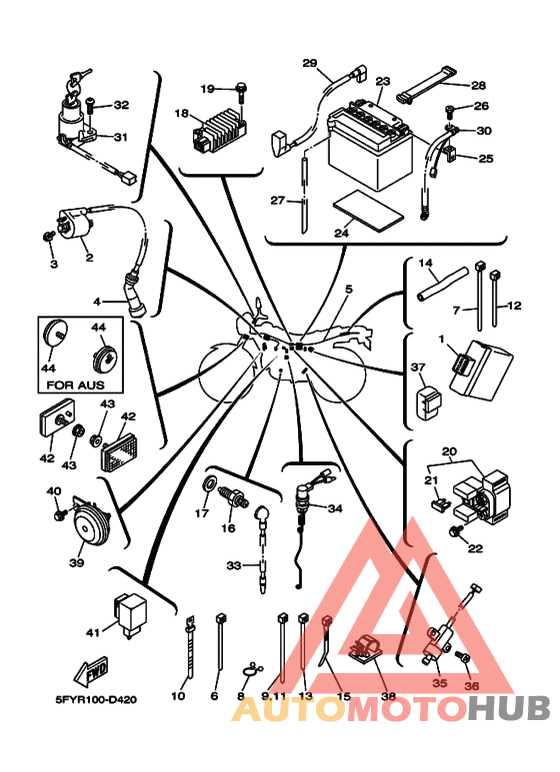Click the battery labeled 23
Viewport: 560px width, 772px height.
(x=370, y=144)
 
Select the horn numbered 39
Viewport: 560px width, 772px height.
(x=90, y=525)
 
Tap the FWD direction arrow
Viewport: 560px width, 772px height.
(x=91, y=672)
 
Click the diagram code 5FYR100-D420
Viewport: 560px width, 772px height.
(x=96, y=699)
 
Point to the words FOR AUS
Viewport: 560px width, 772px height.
(x=75, y=385)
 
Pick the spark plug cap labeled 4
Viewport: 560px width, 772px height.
(x=135, y=297)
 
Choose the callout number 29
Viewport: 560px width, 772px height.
(x=310, y=64)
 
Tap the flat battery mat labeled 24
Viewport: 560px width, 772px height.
(x=368, y=211)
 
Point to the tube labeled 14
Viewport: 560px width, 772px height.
(x=442, y=284)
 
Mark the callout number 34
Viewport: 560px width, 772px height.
(x=335, y=508)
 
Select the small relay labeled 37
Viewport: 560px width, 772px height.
(x=428, y=403)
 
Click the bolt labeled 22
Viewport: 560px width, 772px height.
(x=455, y=531)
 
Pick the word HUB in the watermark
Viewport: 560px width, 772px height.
(x=509, y=708)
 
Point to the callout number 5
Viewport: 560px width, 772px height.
(x=349, y=289)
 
